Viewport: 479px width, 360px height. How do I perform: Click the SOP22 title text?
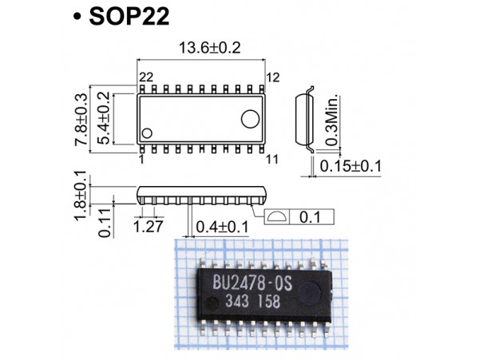coord(129,17)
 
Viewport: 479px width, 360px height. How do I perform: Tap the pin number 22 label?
coord(145,77)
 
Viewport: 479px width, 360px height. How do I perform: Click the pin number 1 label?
coord(141,159)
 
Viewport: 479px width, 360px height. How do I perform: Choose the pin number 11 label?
coord(271,159)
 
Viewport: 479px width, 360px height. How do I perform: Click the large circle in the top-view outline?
coord(250,118)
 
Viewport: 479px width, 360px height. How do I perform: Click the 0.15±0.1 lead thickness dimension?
coord(350,166)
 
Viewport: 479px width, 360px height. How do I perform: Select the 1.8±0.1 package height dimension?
coord(81,197)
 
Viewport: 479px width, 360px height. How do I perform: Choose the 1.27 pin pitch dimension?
coord(148,227)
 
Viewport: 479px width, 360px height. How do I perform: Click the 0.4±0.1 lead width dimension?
coord(221,227)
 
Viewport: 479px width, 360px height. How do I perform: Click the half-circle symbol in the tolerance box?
coord(277,217)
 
